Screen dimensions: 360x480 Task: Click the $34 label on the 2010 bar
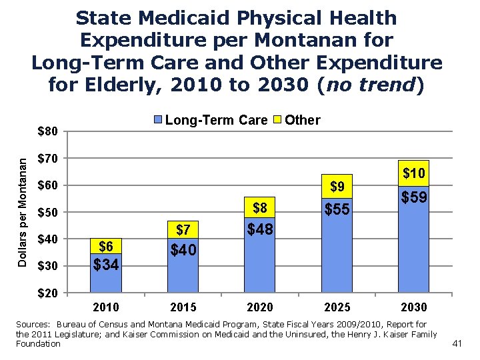click(107, 265)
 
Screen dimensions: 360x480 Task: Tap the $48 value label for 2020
click(260, 230)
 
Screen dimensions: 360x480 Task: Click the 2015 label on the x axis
click(183, 307)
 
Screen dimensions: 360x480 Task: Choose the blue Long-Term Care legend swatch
click(158, 121)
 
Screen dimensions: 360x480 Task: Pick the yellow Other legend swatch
click(279, 121)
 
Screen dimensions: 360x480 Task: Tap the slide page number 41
click(457, 343)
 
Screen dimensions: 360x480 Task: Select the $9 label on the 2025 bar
click(337, 185)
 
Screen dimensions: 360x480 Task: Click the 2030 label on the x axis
click(413, 307)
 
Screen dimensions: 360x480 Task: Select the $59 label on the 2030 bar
click(413, 199)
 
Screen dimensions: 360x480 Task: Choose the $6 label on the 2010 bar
click(107, 247)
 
